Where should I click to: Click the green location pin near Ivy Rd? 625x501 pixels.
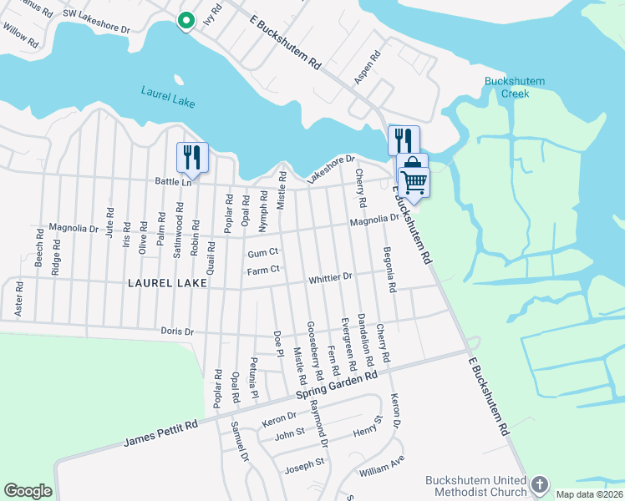point(185,21)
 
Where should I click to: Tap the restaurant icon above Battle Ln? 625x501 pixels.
point(191,156)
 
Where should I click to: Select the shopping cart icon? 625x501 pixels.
point(414,180)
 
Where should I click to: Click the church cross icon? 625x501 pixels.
point(540,484)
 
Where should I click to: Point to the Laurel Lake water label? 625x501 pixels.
point(167,96)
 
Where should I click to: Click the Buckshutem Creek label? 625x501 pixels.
point(515,87)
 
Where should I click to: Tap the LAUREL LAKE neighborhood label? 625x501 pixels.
point(167,283)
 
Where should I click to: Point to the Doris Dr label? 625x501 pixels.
point(178,331)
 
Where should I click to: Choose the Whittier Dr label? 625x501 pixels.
point(332,276)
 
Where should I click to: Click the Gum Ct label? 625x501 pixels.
point(262,252)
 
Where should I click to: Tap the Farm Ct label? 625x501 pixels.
point(262,270)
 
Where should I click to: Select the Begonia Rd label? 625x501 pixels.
point(389,269)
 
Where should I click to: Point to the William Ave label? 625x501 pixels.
point(381,466)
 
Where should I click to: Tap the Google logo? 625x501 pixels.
point(28,491)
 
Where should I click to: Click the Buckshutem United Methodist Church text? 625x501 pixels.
point(476,486)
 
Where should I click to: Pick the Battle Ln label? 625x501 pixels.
point(173,180)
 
